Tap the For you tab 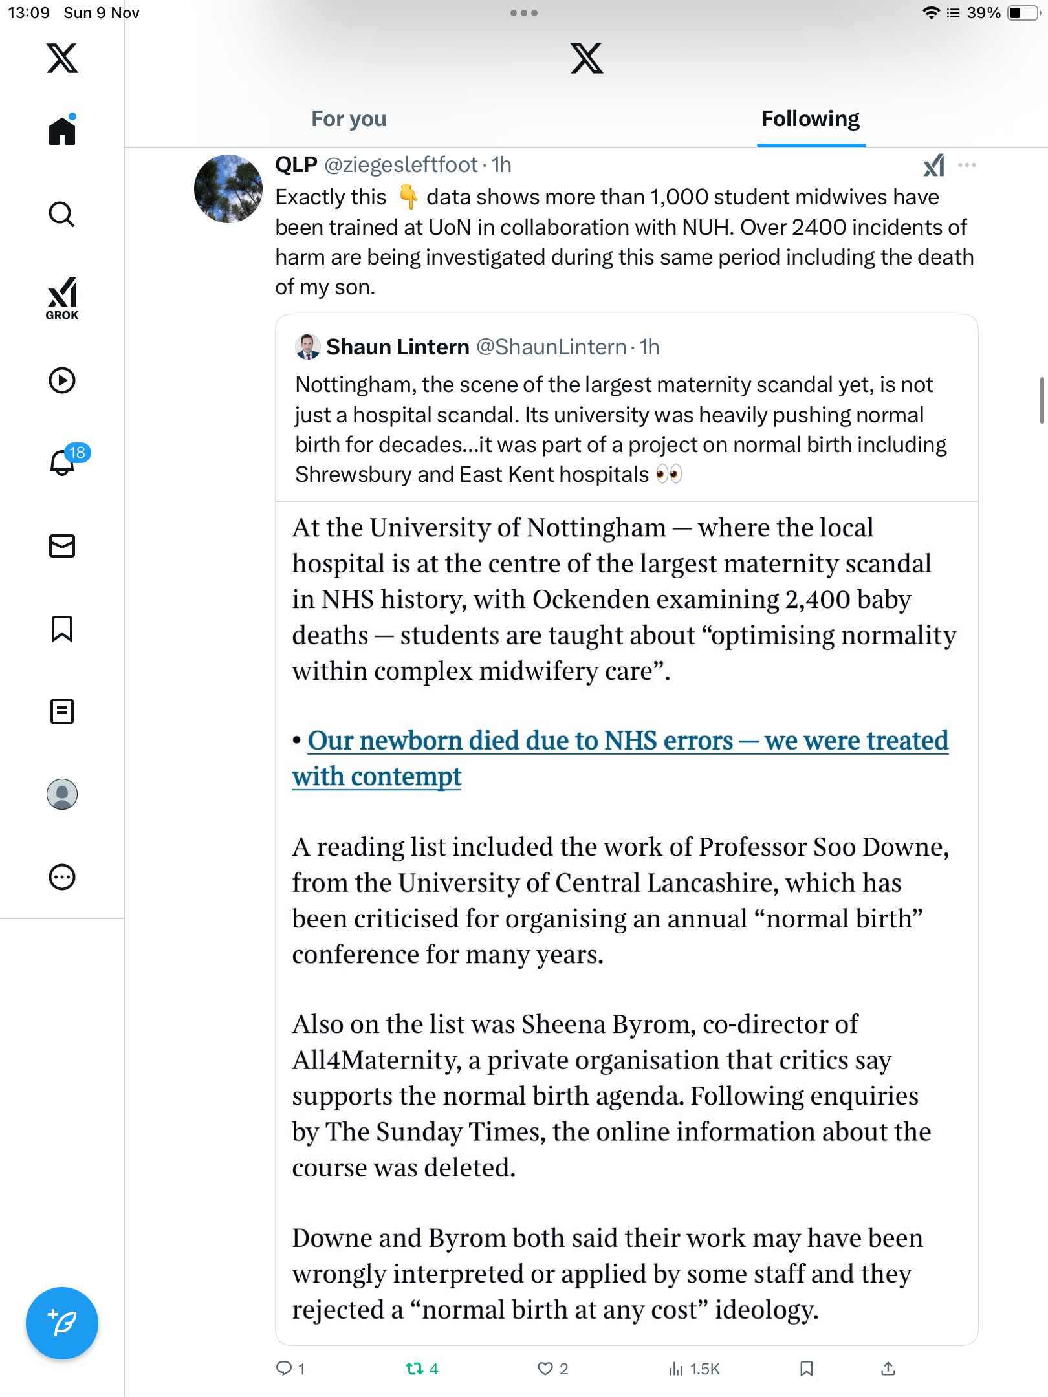point(349,119)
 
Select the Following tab point(810,119)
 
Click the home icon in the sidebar point(62,131)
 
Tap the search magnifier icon point(62,214)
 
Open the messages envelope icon point(62,546)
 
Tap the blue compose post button point(62,1323)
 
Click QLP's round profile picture point(228,189)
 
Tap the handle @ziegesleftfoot point(400,165)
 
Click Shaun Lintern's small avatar point(307,347)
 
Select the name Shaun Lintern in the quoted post point(397,347)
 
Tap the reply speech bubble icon point(284,1368)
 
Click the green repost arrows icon point(415,1368)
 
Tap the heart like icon point(545,1368)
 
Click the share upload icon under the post point(888,1368)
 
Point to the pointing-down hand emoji point(408,197)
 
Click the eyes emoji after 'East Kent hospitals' point(668,474)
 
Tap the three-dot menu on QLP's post point(966,165)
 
